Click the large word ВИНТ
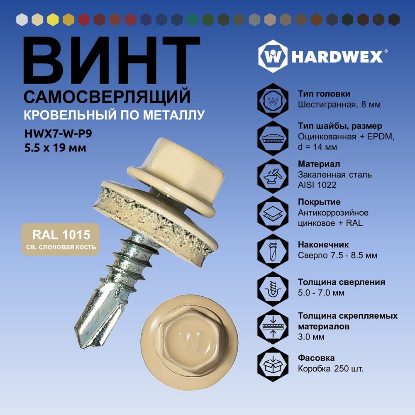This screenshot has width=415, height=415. click(x=112, y=60)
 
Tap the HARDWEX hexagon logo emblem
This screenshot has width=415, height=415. click(x=273, y=56)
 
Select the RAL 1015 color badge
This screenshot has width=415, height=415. click(x=61, y=239)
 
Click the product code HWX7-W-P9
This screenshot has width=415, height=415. click(x=58, y=134)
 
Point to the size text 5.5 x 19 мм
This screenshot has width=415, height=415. click(x=55, y=148)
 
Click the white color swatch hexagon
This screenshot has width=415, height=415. click(x=22, y=20)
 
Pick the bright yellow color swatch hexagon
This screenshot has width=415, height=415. click(x=53, y=20)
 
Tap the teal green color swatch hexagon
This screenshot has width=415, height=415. click(x=193, y=20)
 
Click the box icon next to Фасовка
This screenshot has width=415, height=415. click(x=273, y=364)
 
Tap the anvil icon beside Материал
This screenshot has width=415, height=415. click(x=273, y=176)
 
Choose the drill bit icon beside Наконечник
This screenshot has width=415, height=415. click(x=273, y=251)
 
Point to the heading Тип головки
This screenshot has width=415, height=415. click(x=324, y=94)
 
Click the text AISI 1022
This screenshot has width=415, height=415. click(x=317, y=185)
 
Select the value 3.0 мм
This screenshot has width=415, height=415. click(x=311, y=337)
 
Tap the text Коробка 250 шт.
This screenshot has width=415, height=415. click(x=331, y=369)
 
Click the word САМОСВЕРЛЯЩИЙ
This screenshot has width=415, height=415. click(x=107, y=97)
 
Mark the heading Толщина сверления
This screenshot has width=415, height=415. click(x=342, y=282)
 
